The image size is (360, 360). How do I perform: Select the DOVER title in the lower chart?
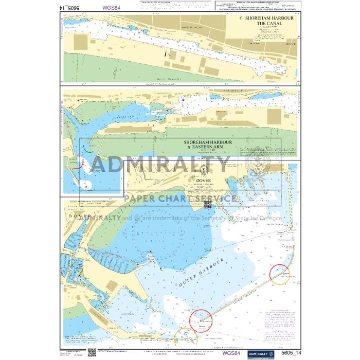pos(205,181)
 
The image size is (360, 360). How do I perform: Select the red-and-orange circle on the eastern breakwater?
pos(280,274)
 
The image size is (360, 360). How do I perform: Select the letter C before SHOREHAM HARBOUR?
pos(241,17)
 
